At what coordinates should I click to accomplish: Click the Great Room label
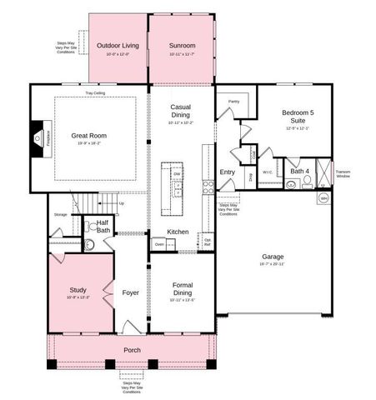(x=88, y=135)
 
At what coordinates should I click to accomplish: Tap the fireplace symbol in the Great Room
(x=38, y=137)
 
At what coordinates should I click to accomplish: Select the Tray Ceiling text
(x=95, y=93)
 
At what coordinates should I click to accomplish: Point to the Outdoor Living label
(x=118, y=46)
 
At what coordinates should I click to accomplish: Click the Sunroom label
(x=181, y=46)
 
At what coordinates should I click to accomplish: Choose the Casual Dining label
(x=181, y=112)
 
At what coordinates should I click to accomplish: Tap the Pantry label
(x=233, y=101)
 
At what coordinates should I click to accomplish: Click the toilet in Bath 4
(x=307, y=182)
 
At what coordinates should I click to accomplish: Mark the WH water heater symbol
(x=323, y=199)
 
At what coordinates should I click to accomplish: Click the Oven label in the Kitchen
(x=159, y=244)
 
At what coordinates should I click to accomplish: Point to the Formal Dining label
(x=182, y=289)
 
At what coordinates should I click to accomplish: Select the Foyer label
(x=131, y=292)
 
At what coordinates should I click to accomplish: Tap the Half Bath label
(x=103, y=226)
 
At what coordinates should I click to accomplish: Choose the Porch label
(x=132, y=350)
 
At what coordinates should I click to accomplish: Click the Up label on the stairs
(x=122, y=202)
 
